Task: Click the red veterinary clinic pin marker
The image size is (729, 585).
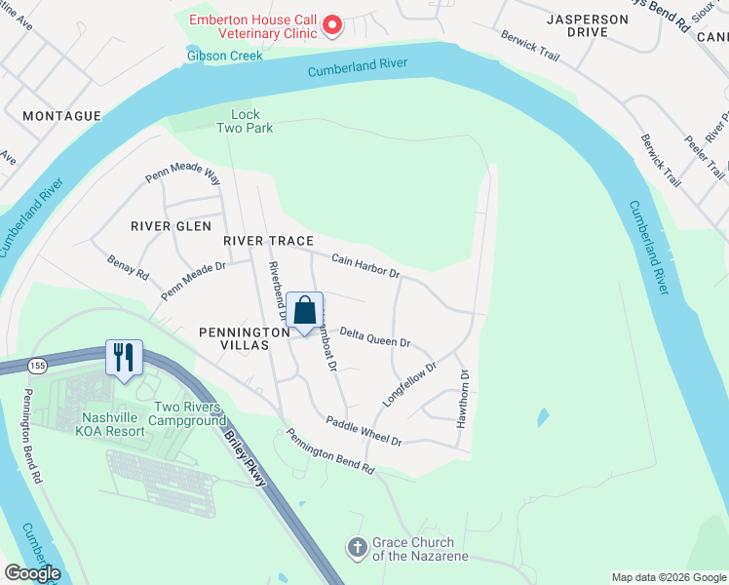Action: click(331, 24)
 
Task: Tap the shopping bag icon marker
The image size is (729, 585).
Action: click(304, 311)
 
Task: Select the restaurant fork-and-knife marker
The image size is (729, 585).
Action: click(123, 356)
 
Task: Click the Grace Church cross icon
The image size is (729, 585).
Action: click(358, 549)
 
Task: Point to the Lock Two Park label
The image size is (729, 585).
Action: click(245, 121)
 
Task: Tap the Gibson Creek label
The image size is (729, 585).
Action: click(225, 56)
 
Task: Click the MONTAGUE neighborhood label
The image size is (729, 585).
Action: click(62, 116)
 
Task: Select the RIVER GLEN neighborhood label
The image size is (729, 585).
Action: click(172, 226)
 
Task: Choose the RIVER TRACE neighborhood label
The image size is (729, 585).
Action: click(268, 241)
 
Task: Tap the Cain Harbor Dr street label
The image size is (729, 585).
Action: click(366, 265)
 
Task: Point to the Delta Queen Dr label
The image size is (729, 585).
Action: click(375, 339)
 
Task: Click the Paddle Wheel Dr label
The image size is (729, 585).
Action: click(364, 432)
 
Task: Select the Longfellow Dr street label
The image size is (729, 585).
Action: click(409, 384)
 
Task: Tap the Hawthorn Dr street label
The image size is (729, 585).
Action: click(464, 399)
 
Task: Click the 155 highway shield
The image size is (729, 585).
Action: click(37, 365)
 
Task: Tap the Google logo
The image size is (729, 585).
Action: click(32, 573)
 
